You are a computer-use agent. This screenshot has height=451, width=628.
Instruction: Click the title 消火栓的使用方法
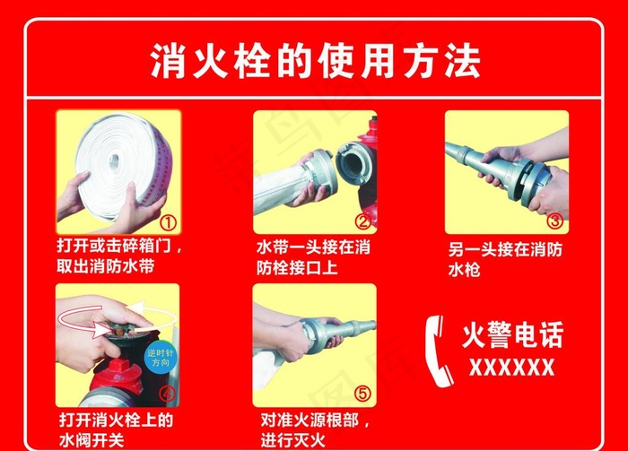pyautogui.click(x=314, y=62)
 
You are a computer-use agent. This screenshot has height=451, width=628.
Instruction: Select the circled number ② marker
pyautogui.click(x=362, y=221)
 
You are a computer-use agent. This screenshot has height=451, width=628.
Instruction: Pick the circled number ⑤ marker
pyautogui.click(x=362, y=392)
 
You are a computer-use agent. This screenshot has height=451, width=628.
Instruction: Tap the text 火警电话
pyautogui.click(x=512, y=335)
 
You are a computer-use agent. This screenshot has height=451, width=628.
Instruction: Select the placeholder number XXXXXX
pyautogui.click(x=512, y=366)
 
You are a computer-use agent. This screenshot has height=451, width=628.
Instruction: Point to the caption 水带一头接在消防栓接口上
pyautogui.click(x=312, y=256)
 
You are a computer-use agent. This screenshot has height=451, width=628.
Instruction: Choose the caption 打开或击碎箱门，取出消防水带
pyautogui.click(x=118, y=256)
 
